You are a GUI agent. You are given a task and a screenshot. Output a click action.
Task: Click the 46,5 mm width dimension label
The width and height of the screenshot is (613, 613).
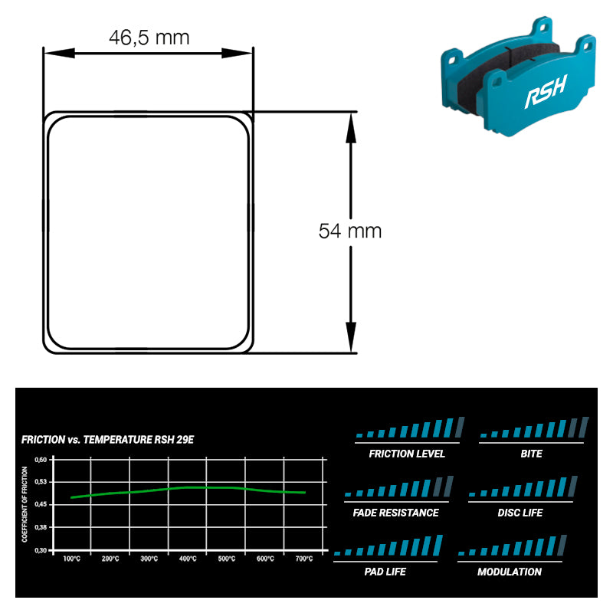tap(149, 38)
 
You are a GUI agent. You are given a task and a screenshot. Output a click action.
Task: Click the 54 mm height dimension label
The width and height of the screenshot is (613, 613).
tap(350, 231)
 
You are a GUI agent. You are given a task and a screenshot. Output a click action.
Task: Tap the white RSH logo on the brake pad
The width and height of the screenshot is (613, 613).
tap(546, 92)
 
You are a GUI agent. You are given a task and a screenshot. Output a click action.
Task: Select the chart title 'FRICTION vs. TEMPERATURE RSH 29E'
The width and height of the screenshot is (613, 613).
tap(107, 440)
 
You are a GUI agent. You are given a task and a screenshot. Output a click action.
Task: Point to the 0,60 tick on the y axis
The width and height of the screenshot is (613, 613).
tap(41, 460)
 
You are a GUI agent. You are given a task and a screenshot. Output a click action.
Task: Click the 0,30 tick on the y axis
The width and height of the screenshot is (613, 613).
tap(41, 550)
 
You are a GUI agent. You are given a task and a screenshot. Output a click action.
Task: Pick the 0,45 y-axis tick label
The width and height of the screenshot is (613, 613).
tap(41, 504)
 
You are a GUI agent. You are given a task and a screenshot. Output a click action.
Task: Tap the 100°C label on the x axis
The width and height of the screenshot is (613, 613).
tap(71, 559)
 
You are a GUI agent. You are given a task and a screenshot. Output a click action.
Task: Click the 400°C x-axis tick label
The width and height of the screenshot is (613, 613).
tap(188, 559)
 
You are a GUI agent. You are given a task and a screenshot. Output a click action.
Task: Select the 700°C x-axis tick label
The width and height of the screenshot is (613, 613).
tap(303, 559)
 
